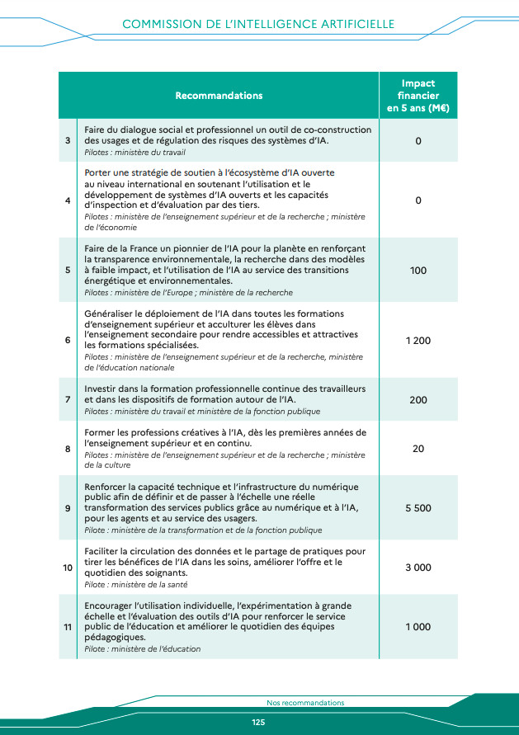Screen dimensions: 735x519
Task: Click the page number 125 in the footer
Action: (258, 723)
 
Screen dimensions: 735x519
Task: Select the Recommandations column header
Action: (219, 96)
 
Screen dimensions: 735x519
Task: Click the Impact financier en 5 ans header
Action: (418, 96)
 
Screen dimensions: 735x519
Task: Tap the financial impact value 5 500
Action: (418, 508)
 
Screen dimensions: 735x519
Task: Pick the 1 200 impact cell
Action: (418, 341)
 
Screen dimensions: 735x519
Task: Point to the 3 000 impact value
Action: (418, 568)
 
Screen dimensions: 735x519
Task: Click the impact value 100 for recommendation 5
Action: (418, 271)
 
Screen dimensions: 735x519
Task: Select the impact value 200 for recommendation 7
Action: (418, 400)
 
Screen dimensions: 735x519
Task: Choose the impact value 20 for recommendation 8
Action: (418, 449)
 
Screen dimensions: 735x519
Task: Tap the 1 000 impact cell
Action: (418, 627)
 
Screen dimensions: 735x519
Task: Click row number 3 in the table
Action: (68, 141)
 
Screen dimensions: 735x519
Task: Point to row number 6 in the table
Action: (68, 341)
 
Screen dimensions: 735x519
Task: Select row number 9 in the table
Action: (68, 508)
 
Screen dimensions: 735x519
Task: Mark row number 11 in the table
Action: (68, 627)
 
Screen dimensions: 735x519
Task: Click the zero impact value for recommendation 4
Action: (418, 200)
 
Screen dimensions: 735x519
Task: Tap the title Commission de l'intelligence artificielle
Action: (258, 25)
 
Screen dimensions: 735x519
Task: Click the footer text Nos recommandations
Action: (305, 703)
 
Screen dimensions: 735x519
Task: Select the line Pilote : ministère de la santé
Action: (136, 584)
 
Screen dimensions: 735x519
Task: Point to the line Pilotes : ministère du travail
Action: (134, 153)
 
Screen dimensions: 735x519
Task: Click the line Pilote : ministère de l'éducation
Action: (142, 649)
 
